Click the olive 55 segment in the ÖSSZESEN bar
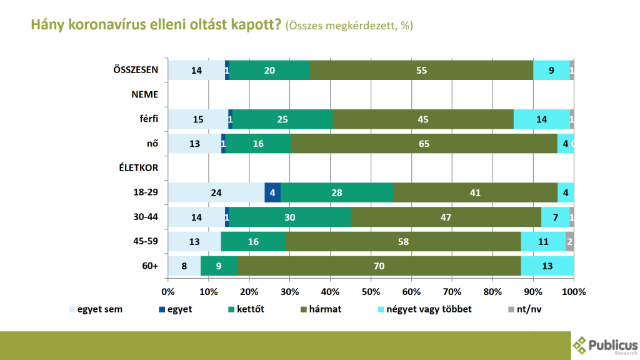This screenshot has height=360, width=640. [421, 71]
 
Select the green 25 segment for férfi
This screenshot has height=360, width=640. [282, 119]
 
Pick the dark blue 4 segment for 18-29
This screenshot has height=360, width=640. [272, 192]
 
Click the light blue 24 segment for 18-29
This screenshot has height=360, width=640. [216, 192]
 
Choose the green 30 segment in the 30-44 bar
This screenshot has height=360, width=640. [290, 217]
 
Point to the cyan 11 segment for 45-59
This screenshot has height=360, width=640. [543, 241]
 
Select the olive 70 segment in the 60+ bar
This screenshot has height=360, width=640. [379, 266]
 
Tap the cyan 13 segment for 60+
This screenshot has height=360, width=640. [547, 266]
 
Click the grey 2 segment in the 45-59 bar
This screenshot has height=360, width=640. [569, 241]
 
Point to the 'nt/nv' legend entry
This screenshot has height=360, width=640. [525, 308]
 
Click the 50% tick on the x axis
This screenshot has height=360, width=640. [371, 291]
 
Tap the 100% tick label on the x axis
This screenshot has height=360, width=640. [573, 291]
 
